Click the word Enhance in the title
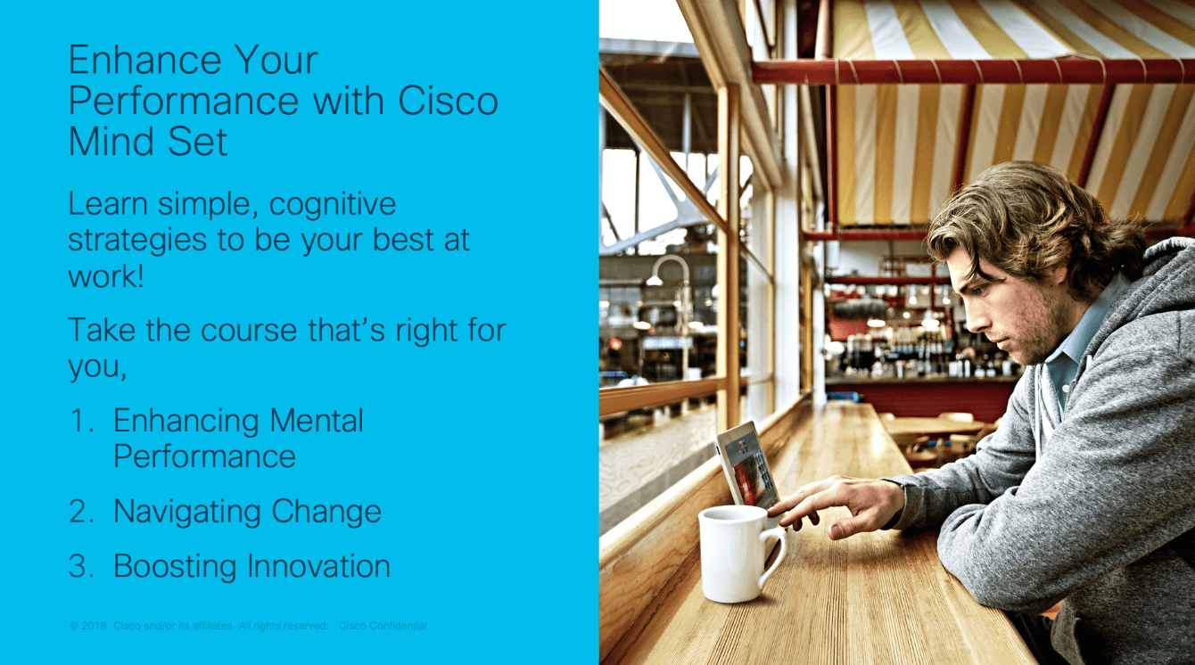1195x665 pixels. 145,60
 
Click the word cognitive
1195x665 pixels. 333,205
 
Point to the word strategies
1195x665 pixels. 137,241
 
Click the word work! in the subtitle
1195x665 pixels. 106,276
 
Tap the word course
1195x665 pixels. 249,331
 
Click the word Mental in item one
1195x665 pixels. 317,421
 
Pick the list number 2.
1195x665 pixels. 82,512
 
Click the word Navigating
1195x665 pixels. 187,513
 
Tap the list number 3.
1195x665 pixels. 82,566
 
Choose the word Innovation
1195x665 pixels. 319,566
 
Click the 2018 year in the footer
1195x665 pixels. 94,626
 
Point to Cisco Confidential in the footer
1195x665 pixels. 383,626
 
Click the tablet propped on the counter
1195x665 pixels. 747,465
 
